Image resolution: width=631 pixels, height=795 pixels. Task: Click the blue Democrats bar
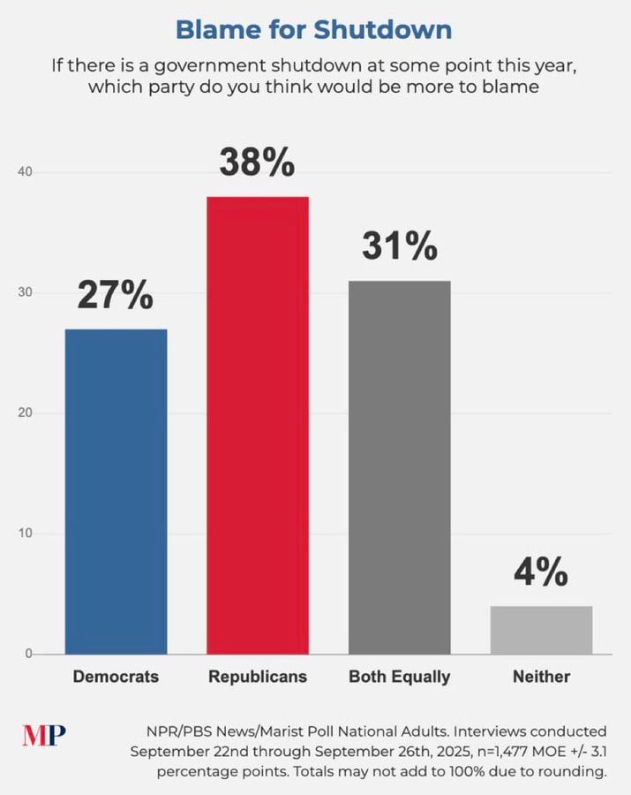tap(116, 491)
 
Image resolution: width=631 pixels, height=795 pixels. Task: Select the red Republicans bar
tap(258, 425)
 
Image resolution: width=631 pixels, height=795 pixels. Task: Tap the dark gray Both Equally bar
tap(399, 467)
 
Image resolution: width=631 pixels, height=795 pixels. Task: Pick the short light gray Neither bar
tap(541, 630)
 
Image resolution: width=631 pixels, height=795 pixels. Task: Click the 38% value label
tap(258, 163)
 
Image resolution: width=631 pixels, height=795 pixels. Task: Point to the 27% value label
tap(116, 296)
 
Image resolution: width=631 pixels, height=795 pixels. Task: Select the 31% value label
tap(399, 246)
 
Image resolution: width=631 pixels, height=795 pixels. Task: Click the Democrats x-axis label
tap(116, 678)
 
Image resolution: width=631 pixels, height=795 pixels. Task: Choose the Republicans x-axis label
tap(258, 678)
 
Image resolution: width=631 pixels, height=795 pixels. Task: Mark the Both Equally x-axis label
tap(399, 678)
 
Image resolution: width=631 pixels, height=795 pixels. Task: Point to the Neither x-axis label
tap(541, 678)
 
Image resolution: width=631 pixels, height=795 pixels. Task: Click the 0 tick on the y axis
tap(29, 654)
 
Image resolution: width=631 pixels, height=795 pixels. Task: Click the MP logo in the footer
tap(44, 735)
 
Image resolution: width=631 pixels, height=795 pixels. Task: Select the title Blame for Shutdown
tap(314, 29)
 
